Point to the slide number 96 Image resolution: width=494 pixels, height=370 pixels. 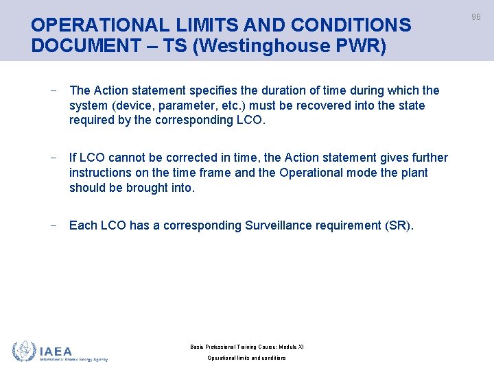pos(476,17)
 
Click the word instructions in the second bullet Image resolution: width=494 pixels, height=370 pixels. pos(103,173)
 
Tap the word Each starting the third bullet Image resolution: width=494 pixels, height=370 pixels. pos(82,225)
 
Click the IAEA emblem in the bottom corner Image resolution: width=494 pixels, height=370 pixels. pos(25,351)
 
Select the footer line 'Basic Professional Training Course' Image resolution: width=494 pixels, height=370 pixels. pos(247,347)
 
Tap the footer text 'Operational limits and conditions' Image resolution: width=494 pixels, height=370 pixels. pos(247,358)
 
